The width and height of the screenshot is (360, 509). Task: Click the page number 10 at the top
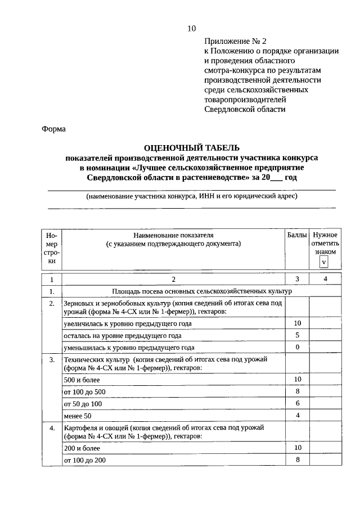pos(191,29)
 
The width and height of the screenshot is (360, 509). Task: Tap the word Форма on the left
pos(54,129)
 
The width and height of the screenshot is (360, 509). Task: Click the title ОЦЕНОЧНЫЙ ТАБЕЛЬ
pos(191,148)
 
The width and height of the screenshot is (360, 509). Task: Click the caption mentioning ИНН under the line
pos(191,196)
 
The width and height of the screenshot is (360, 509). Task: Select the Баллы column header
pos(297,235)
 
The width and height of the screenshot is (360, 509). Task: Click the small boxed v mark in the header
pos(324,262)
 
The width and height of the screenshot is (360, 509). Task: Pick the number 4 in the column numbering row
pos(326,279)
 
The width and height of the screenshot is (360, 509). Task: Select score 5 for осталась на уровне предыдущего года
pos(298,335)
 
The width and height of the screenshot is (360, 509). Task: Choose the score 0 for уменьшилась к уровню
pos(298,347)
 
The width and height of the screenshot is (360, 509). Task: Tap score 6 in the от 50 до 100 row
pos(298,403)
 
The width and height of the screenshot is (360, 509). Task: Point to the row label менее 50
pos(77,416)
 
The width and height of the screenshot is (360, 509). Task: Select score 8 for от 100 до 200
pos(298,460)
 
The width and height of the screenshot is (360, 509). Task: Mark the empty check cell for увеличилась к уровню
pos(326,323)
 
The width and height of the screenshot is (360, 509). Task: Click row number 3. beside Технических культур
pos(52,359)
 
